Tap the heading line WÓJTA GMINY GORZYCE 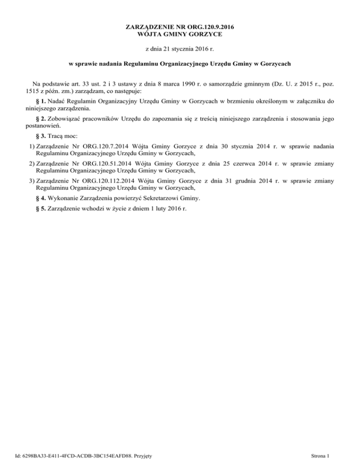click(180, 34)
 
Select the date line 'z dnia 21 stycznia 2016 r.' click(180, 49)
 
